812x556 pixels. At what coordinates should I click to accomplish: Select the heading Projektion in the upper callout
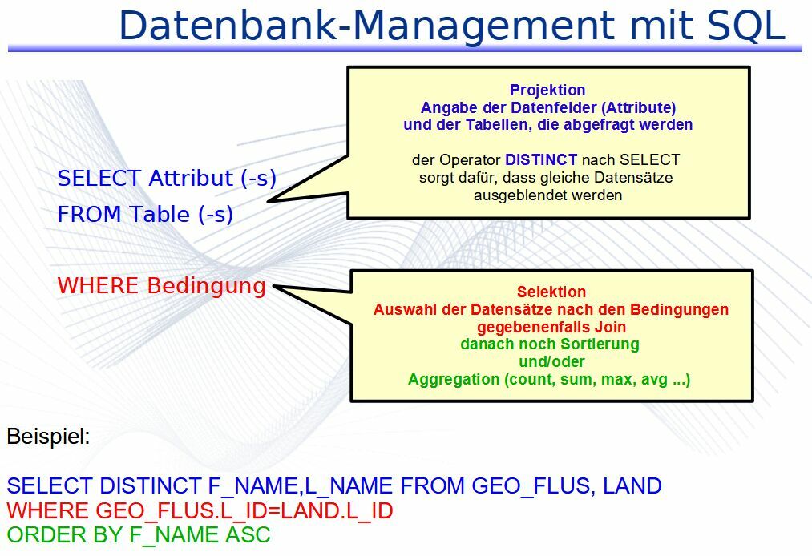(x=547, y=90)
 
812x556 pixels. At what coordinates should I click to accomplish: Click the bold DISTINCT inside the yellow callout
(x=540, y=159)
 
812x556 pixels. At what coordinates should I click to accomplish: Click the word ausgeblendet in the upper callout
(x=517, y=195)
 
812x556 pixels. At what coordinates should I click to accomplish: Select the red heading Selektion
(x=551, y=292)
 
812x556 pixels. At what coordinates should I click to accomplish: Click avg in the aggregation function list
(x=654, y=380)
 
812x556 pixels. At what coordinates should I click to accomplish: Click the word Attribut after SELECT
(x=191, y=178)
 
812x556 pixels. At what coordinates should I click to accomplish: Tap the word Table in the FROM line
(x=160, y=215)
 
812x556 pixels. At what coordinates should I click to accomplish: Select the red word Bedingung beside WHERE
(x=206, y=286)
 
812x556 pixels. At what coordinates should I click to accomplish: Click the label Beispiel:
(x=49, y=437)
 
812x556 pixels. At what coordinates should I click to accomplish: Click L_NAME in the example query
(x=349, y=486)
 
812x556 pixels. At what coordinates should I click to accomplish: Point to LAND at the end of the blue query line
(x=632, y=486)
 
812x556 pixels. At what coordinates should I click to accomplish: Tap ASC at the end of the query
(x=248, y=535)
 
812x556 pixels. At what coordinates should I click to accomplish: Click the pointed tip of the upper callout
(x=269, y=201)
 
